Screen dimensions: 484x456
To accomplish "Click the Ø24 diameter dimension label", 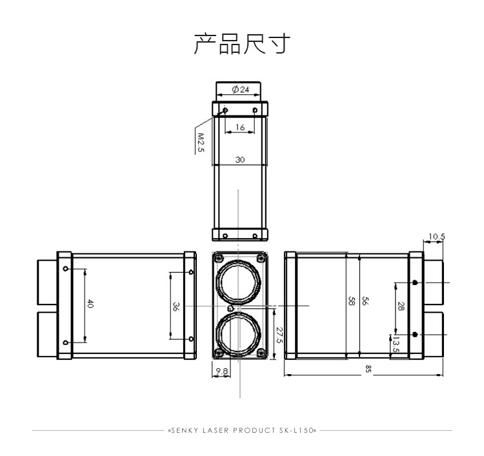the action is [241, 90].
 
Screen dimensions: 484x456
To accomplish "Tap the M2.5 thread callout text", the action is [201, 143].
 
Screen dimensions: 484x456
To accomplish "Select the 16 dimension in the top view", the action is [240, 127].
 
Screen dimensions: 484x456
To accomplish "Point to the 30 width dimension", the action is [240, 159].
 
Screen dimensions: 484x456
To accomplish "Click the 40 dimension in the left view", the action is [90, 303].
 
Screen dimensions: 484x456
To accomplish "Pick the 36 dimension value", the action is [176, 306].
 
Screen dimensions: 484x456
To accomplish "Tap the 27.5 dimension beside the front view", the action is [279, 335].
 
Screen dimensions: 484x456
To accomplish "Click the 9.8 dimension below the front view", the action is [221, 371].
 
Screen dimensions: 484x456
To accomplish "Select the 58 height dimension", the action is [351, 301].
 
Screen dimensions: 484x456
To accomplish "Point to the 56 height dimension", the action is [365, 301].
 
